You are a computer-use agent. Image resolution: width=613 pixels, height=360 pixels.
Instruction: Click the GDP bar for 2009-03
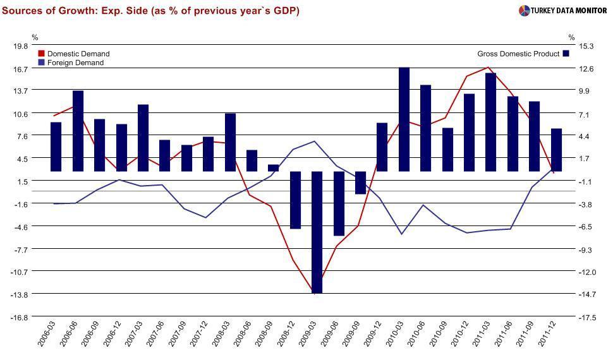click(x=317, y=232)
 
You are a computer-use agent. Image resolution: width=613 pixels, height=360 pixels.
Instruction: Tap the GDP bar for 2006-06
click(x=78, y=131)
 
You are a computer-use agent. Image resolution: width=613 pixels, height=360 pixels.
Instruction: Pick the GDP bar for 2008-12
click(x=295, y=200)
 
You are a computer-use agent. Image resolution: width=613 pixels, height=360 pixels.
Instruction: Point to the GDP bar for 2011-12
click(x=557, y=150)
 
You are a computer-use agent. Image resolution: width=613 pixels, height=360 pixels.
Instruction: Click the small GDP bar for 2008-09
click(x=274, y=168)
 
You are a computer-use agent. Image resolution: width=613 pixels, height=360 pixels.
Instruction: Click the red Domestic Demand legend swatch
click(x=42, y=54)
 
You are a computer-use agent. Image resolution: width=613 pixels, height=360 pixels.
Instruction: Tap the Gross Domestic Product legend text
click(x=518, y=54)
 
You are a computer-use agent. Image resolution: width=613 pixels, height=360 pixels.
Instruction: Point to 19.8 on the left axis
click(x=21, y=46)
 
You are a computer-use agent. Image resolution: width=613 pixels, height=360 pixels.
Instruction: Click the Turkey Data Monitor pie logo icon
click(x=524, y=11)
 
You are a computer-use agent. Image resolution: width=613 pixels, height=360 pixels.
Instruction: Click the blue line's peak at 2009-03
click(x=315, y=141)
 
